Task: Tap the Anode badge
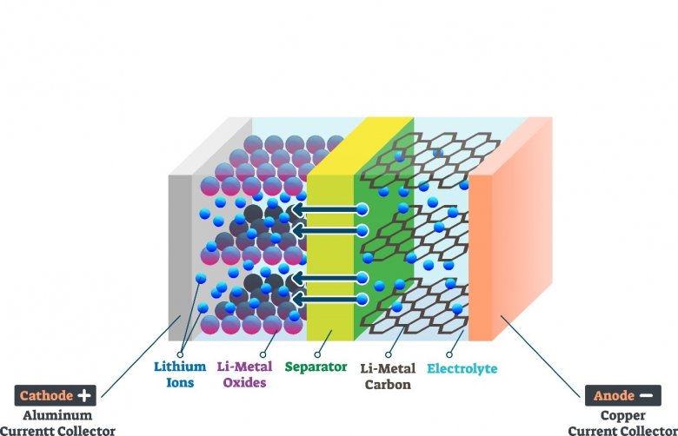coord(622,396)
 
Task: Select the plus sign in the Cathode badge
coord(83,395)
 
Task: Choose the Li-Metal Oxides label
coord(245,373)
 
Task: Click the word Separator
coord(316,367)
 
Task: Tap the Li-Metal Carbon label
coord(387,374)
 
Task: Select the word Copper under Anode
coord(622,416)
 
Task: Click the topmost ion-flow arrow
coord(325,209)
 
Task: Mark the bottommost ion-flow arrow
coord(325,300)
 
